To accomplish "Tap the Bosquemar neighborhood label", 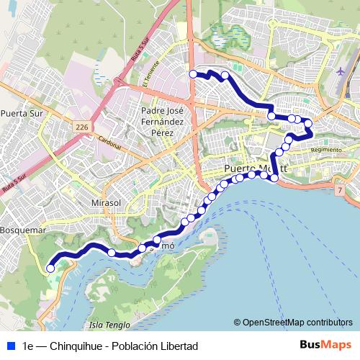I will (23, 230).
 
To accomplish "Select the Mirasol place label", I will (107, 203).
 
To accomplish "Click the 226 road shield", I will (81, 127).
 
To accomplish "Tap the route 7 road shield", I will (339, 189).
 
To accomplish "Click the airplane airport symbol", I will (341, 71).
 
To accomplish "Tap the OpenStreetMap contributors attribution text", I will (297, 322).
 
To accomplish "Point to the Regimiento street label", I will (325, 149).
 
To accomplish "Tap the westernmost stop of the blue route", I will (50, 269).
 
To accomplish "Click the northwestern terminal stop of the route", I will (193, 73).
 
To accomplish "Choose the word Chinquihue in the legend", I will (76, 346).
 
